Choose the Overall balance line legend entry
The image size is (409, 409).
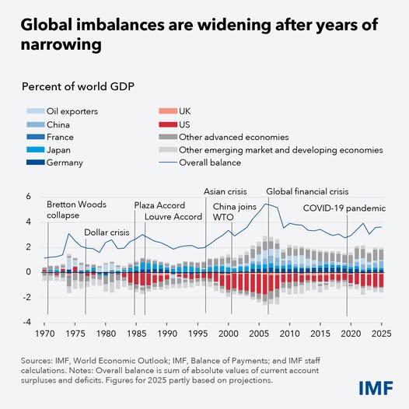coord(210,163)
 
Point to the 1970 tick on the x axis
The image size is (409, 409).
coord(46,334)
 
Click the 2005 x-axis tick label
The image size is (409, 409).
coord(259,334)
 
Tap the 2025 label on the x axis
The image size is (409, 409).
coord(380,334)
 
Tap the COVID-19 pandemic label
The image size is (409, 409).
coord(344,209)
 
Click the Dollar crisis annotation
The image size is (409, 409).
coord(107,232)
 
